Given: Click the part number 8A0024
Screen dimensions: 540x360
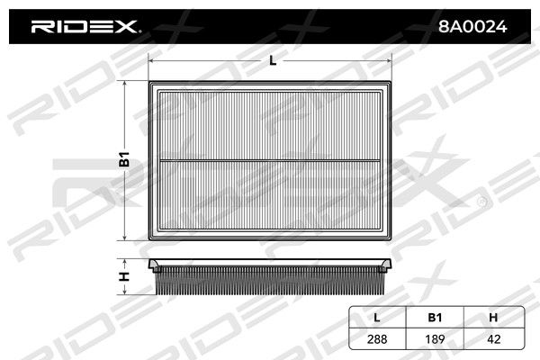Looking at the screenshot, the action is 472,26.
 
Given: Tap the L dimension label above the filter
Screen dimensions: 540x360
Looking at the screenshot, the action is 273,61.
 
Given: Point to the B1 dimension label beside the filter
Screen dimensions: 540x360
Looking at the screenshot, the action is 124,158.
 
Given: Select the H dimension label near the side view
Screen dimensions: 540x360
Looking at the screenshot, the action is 124,276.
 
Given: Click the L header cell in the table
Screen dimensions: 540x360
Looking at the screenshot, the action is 377,318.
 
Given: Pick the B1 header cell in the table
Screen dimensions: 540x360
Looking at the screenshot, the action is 435,318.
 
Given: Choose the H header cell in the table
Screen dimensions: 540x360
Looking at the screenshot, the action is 493,318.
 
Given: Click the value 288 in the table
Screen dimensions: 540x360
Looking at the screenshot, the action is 377,339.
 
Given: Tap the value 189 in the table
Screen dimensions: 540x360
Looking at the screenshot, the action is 435,339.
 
